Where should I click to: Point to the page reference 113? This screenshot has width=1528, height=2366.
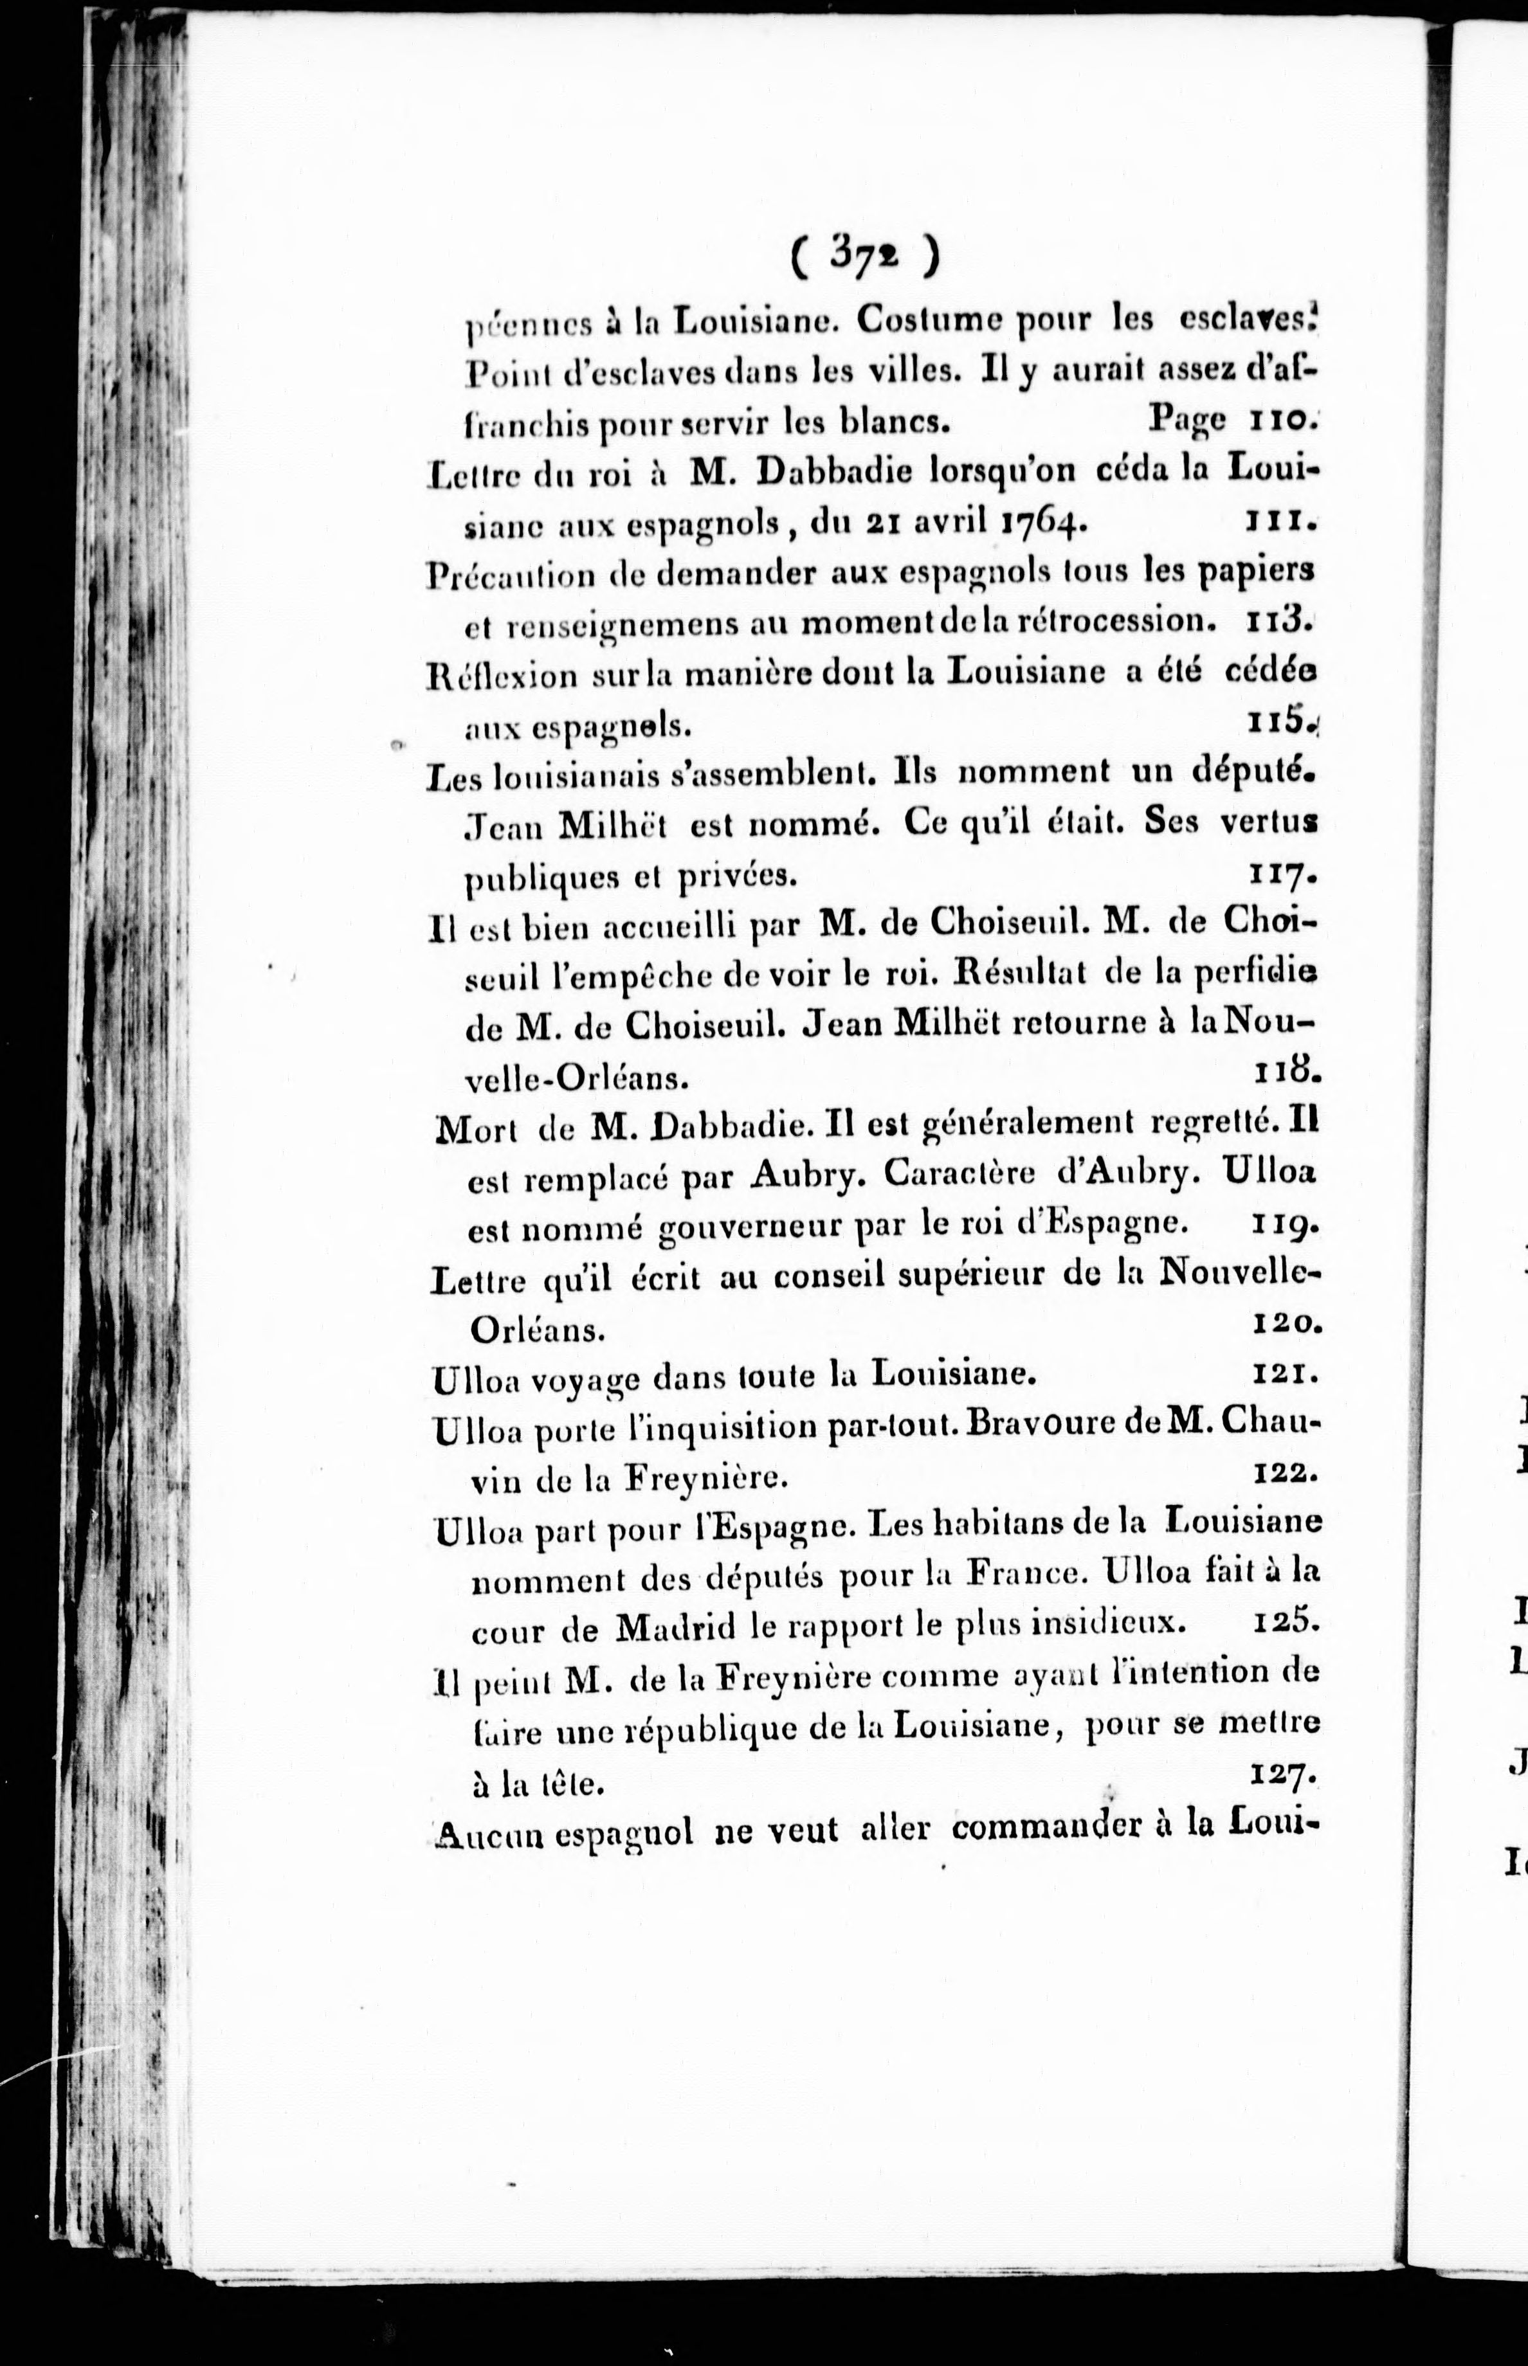click(1278, 622)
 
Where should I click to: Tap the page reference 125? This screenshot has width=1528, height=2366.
click(1284, 1623)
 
